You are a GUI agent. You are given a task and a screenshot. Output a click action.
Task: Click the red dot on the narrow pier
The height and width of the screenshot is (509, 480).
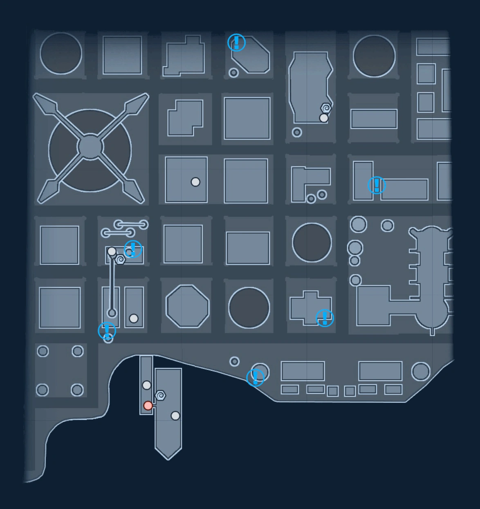click(x=148, y=406)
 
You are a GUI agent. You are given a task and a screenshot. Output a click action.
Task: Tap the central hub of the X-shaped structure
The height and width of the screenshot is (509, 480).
click(x=90, y=146)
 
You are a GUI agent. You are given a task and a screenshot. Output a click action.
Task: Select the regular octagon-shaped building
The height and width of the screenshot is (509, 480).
click(x=187, y=306)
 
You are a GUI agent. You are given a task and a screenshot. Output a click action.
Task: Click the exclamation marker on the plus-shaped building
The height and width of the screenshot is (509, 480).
click(x=325, y=318)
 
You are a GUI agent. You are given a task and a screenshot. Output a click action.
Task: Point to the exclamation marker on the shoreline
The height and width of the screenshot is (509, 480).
click(x=255, y=377)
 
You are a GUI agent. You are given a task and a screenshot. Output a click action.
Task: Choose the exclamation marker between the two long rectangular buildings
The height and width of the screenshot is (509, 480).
click(x=376, y=185)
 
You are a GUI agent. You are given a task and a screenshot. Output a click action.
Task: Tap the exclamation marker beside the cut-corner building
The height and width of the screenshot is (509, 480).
click(x=236, y=42)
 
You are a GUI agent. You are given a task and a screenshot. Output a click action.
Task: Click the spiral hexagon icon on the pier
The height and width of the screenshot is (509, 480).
click(x=161, y=395)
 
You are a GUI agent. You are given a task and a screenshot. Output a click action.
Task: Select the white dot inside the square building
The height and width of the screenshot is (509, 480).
click(x=195, y=182)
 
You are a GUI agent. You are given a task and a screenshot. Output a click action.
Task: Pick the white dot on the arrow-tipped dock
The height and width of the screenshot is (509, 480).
click(x=175, y=416)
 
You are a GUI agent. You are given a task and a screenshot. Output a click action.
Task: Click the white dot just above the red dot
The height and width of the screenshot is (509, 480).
click(x=147, y=385)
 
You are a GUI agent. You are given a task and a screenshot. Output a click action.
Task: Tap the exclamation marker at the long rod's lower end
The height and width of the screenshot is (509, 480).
click(x=107, y=330)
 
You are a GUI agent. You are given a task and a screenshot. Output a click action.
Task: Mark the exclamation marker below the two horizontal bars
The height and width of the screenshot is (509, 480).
click(x=133, y=249)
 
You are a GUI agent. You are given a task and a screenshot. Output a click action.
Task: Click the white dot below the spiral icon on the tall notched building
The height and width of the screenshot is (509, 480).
click(x=324, y=118)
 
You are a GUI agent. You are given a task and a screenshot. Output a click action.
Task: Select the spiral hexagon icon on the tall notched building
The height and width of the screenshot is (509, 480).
click(x=326, y=108)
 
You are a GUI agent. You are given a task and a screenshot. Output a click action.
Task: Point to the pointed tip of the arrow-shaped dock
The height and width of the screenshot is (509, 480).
click(x=168, y=458)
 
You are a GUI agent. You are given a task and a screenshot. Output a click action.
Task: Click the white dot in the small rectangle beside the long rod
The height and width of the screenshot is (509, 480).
click(x=134, y=318)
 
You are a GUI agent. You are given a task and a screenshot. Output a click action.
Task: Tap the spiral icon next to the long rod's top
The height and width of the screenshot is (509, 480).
click(x=120, y=259)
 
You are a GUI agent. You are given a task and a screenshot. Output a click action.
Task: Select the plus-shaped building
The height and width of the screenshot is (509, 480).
click(x=310, y=307)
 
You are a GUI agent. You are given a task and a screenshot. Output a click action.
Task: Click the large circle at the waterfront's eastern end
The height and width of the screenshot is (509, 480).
click(x=421, y=371)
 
